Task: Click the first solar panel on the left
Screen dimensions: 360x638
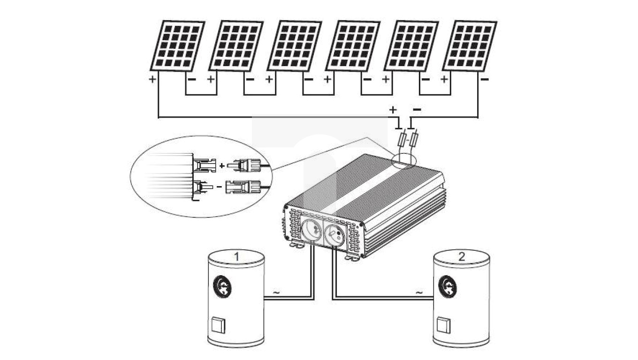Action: tap(177, 45)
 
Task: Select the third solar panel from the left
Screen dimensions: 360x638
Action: tap(294, 45)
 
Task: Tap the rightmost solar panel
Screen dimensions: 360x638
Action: tap(470, 45)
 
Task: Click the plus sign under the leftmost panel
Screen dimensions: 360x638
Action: tap(152, 80)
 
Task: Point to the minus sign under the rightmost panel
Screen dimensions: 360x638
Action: tap(485, 80)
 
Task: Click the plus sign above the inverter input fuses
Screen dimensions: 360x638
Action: tap(393, 110)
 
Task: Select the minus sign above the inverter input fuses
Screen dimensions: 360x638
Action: tap(417, 110)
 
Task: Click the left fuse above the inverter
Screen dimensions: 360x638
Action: tap(403, 139)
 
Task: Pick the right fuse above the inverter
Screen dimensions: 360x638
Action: tap(414, 139)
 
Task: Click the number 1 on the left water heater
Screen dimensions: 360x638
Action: tap(237, 257)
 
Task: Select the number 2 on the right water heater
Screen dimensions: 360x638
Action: tap(462, 256)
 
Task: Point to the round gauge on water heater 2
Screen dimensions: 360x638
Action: tap(448, 286)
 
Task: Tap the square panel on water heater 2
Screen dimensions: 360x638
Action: tap(443, 324)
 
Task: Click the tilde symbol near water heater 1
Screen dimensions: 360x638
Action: tap(276, 293)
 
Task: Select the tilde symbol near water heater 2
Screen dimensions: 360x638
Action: tap(419, 293)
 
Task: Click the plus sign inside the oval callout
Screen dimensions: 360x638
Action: tap(222, 165)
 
